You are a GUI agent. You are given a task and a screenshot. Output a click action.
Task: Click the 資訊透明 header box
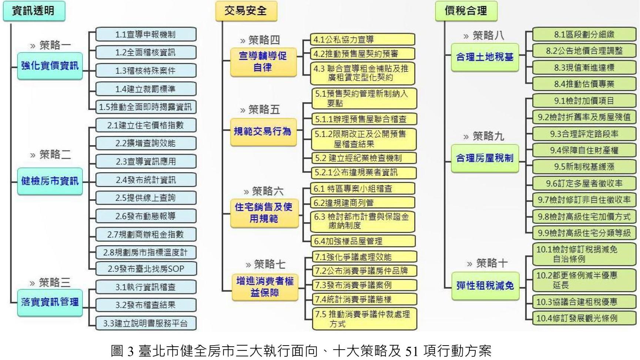34,11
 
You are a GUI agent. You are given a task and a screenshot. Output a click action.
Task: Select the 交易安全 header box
246,11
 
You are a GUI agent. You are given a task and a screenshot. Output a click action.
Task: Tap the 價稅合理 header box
466,11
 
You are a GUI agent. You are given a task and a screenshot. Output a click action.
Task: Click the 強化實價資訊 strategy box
50,66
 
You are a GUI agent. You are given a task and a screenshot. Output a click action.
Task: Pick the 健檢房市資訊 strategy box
50,181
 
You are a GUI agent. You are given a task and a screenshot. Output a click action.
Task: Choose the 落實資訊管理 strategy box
50,302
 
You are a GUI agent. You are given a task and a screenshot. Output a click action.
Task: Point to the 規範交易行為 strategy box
263,131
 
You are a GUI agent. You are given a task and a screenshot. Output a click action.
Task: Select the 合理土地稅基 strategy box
485,57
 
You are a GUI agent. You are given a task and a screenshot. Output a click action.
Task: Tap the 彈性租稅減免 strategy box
485,286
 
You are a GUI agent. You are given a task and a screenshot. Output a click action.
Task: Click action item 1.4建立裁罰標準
145,89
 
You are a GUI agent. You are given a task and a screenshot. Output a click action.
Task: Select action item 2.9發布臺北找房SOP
145,269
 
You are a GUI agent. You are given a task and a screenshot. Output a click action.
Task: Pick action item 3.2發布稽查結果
145,305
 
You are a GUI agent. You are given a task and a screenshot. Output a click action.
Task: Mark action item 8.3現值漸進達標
584,68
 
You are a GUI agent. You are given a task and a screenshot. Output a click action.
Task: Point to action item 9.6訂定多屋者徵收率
584,183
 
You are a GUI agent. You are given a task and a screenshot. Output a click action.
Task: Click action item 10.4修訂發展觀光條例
584,318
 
